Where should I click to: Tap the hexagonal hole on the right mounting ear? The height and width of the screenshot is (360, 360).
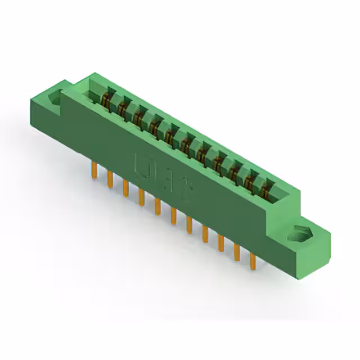coord(296,233)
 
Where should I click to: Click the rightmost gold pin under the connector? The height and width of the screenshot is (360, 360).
coord(253,260)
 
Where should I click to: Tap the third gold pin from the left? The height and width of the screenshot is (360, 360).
coord(125,187)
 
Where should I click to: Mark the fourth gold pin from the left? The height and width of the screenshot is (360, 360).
coord(141,196)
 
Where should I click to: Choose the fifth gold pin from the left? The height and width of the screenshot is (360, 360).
coord(157,205)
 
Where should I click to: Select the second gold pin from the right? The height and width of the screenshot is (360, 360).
coord(237,251)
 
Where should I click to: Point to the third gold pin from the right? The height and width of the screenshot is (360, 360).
coord(221,242)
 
